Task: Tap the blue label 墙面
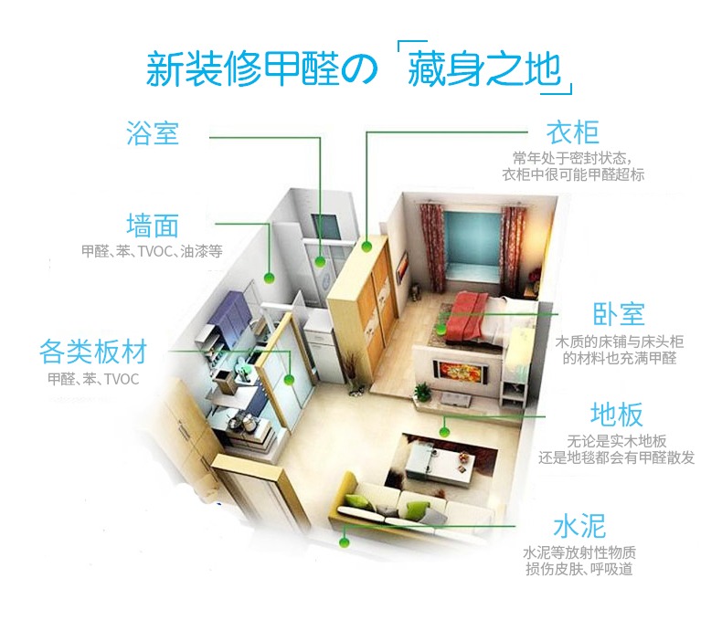(153, 225)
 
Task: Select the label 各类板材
(93, 352)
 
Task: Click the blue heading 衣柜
(573, 133)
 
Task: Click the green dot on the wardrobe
(366, 245)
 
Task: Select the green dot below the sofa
(344, 542)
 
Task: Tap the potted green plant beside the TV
(421, 392)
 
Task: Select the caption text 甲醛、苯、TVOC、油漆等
(152, 250)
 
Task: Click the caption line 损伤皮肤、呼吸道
(579, 570)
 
